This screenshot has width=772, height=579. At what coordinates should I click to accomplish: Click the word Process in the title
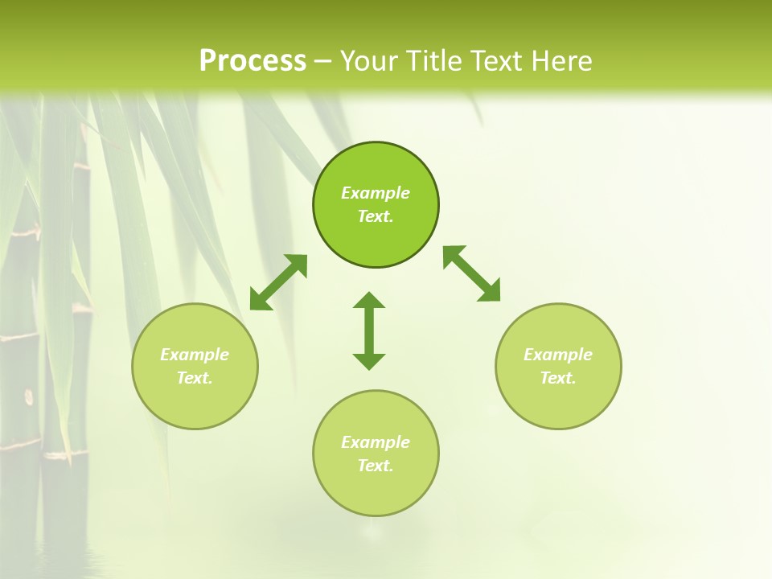point(253,61)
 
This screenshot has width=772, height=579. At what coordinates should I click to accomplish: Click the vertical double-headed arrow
point(369,331)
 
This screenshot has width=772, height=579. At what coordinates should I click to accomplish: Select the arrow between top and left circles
point(278,282)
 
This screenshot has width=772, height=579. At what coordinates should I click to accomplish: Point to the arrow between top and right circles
point(472,274)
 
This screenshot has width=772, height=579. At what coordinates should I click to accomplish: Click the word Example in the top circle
point(376,193)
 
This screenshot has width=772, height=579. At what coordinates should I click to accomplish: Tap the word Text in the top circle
point(376,216)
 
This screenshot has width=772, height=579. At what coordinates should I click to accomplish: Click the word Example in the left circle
point(195,355)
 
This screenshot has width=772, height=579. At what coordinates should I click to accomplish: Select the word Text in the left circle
point(195,378)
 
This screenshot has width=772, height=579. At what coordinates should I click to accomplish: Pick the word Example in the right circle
point(558,355)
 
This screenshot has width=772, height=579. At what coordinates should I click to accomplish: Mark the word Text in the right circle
point(558,378)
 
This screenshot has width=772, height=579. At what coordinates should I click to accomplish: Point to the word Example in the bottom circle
point(376,442)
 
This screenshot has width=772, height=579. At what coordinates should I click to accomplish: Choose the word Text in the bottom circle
point(376,466)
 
